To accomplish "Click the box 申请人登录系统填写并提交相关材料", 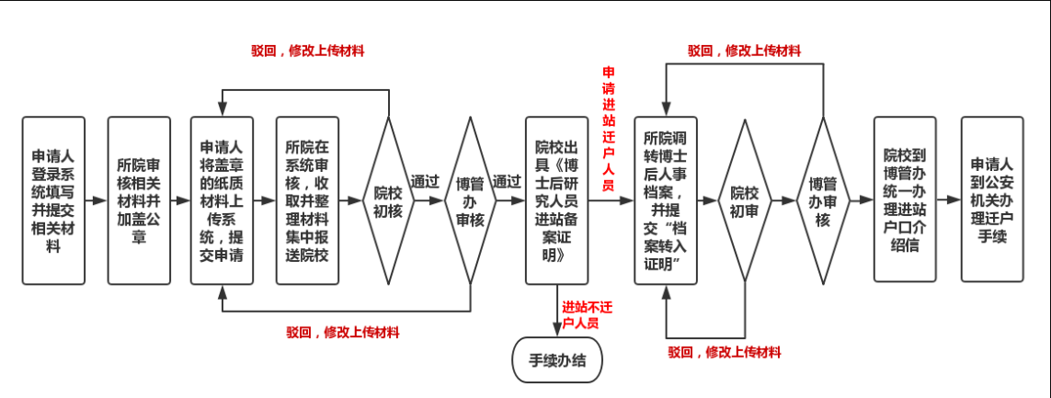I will (53, 199).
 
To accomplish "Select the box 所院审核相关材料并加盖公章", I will (139, 199).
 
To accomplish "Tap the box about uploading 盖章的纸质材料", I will (223, 199).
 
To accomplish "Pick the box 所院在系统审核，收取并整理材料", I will (307, 199).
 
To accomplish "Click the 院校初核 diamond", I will (387, 200).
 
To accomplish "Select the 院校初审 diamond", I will (744, 199).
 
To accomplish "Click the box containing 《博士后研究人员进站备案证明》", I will (556, 199).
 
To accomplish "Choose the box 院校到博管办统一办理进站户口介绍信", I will (906, 199).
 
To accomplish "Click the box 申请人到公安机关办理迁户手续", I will (991, 199).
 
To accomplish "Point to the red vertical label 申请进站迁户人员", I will (608, 129).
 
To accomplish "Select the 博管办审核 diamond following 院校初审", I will (822, 199).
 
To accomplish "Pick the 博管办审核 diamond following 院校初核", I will (470, 199).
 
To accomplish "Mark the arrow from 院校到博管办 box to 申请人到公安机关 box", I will (949, 199).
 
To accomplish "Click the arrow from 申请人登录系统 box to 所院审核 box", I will (96, 199).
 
